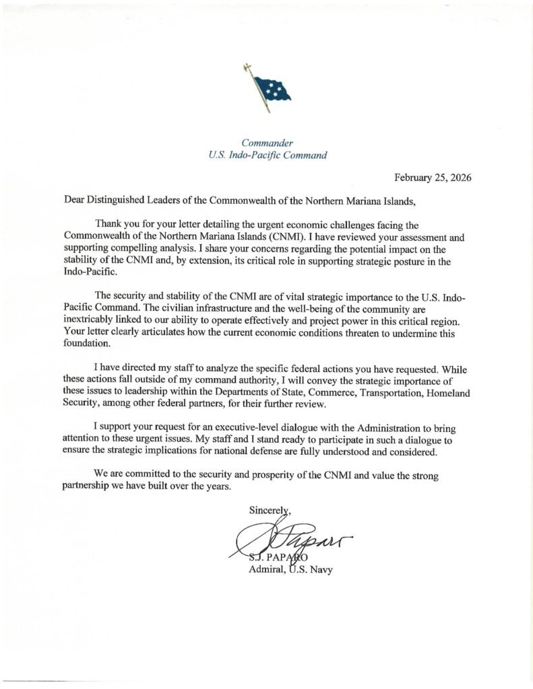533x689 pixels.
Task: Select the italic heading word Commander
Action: (x=269, y=143)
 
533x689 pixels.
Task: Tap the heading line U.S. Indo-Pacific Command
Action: (x=269, y=155)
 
